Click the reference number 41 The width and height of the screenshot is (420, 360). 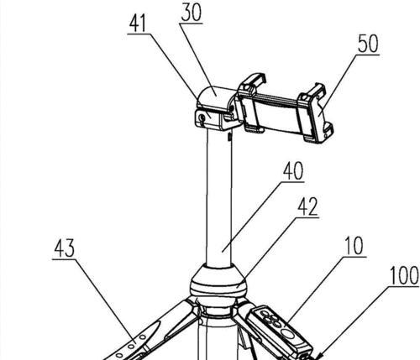[138, 23]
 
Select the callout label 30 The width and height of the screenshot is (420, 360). [191, 13]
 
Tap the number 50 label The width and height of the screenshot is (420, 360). [368, 44]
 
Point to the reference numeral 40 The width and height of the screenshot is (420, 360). [293, 171]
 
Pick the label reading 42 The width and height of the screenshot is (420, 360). [307, 207]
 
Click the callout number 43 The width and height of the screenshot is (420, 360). [65, 248]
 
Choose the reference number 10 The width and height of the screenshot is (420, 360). [354, 246]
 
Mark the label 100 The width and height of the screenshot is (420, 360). [404, 275]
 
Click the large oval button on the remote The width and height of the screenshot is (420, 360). [287, 333]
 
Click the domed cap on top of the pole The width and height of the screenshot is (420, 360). [215, 96]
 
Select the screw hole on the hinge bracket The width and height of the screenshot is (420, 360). [201, 118]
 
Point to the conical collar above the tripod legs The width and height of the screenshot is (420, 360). [218, 279]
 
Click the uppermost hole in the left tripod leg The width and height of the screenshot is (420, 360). [143, 337]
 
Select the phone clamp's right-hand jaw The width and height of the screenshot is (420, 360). [316, 113]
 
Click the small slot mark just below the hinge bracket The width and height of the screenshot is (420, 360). [229, 137]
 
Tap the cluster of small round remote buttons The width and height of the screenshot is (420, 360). [270, 318]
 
